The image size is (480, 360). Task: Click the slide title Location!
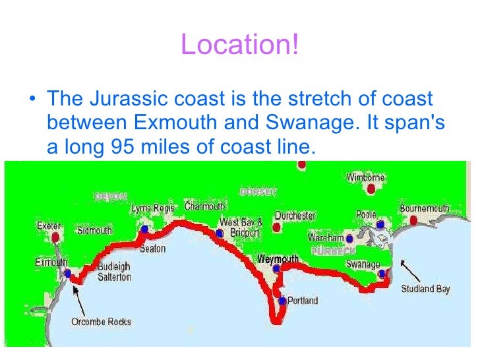(239, 45)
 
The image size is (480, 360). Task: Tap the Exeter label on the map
(48, 225)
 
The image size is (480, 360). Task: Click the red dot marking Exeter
(55, 237)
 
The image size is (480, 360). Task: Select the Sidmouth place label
(94, 231)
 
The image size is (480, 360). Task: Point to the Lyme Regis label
(152, 208)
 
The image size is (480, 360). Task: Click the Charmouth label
(204, 206)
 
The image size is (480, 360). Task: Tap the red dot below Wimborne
(374, 189)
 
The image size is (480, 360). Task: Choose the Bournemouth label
(425, 208)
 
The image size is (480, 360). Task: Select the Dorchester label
(295, 216)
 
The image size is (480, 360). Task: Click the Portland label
(303, 301)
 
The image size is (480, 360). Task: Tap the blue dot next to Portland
(282, 301)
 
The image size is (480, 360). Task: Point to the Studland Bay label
(425, 288)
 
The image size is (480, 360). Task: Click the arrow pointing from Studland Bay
(411, 269)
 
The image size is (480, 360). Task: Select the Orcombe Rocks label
(101, 322)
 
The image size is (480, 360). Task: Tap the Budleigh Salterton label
(114, 272)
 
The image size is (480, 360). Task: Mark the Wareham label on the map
(326, 237)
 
